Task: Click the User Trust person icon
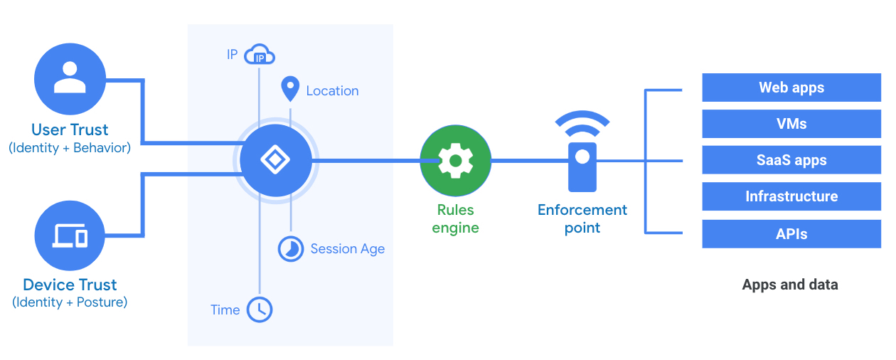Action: pos(70,78)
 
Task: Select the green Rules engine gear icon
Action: pos(455,161)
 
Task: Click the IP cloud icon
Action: pos(259,55)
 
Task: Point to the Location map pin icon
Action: pos(290,90)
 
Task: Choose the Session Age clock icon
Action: pos(291,248)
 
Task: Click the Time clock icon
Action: pos(260,309)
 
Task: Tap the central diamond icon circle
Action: pos(275,161)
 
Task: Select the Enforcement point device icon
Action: pos(582,166)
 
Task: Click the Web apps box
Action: pos(791,88)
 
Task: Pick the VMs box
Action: pos(791,124)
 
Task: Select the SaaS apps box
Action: pos(791,160)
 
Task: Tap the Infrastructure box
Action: pos(791,196)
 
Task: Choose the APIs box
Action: pos(791,233)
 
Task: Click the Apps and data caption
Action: pos(790,285)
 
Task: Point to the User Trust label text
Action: pos(70,129)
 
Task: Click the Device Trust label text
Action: pos(70,285)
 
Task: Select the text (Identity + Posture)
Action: pos(70,302)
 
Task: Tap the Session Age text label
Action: pos(348,249)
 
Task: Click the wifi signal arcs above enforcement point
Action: pos(582,122)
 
